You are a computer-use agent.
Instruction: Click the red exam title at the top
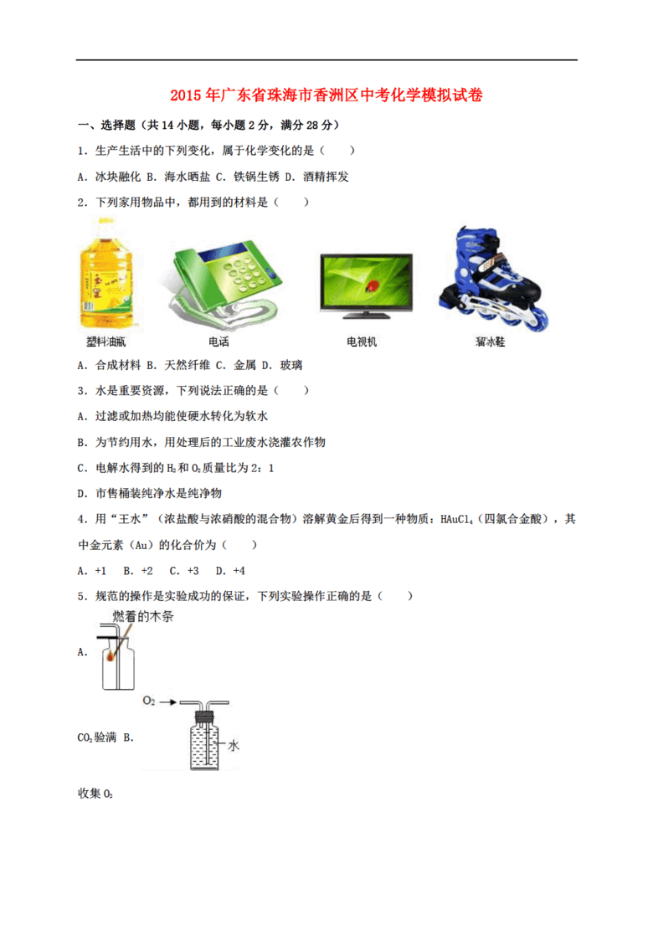click(326, 95)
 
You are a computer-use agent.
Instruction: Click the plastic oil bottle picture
click(107, 275)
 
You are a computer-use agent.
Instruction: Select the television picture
click(366, 285)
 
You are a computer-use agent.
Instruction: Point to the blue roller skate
click(493, 278)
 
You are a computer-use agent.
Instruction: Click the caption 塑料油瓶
click(106, 342)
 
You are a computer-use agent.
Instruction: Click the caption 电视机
click(362, 342)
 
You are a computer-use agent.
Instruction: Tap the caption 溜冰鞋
click(491, 342)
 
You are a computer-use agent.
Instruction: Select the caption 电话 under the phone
click(219, 342)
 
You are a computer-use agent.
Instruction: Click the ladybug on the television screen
click(372, 286)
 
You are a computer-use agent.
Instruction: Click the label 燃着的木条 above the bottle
click(143, 616)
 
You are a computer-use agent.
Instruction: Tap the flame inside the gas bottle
click(111, 655)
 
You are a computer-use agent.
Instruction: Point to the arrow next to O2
click(168, 702)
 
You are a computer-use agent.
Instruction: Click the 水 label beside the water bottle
click(234, 746)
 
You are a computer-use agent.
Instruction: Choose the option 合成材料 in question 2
click(118, 366)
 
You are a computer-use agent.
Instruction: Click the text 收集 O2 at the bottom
click(95, 794)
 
